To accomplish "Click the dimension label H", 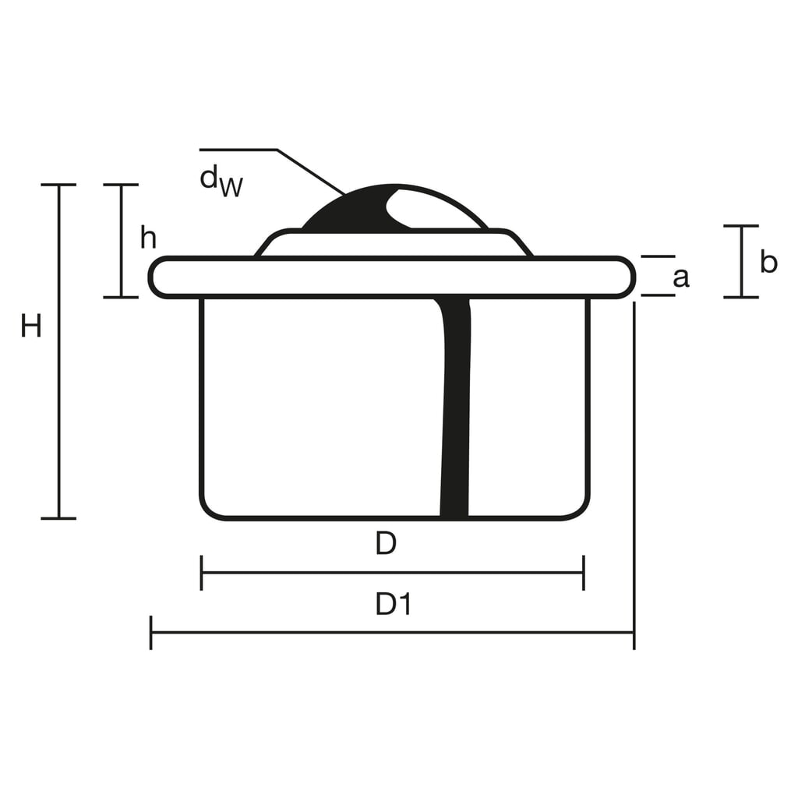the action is click(31, 326).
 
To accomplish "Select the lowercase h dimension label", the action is click(149, 238).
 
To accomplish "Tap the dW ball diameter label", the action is click(221, 181).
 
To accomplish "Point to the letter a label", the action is click(681, 278).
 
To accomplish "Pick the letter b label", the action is click(768, 262).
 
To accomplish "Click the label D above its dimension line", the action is click(386, 543).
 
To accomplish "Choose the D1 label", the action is click(393, 604).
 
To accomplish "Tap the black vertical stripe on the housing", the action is click(454, 407).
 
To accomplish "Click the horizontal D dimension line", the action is click(393, 573).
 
